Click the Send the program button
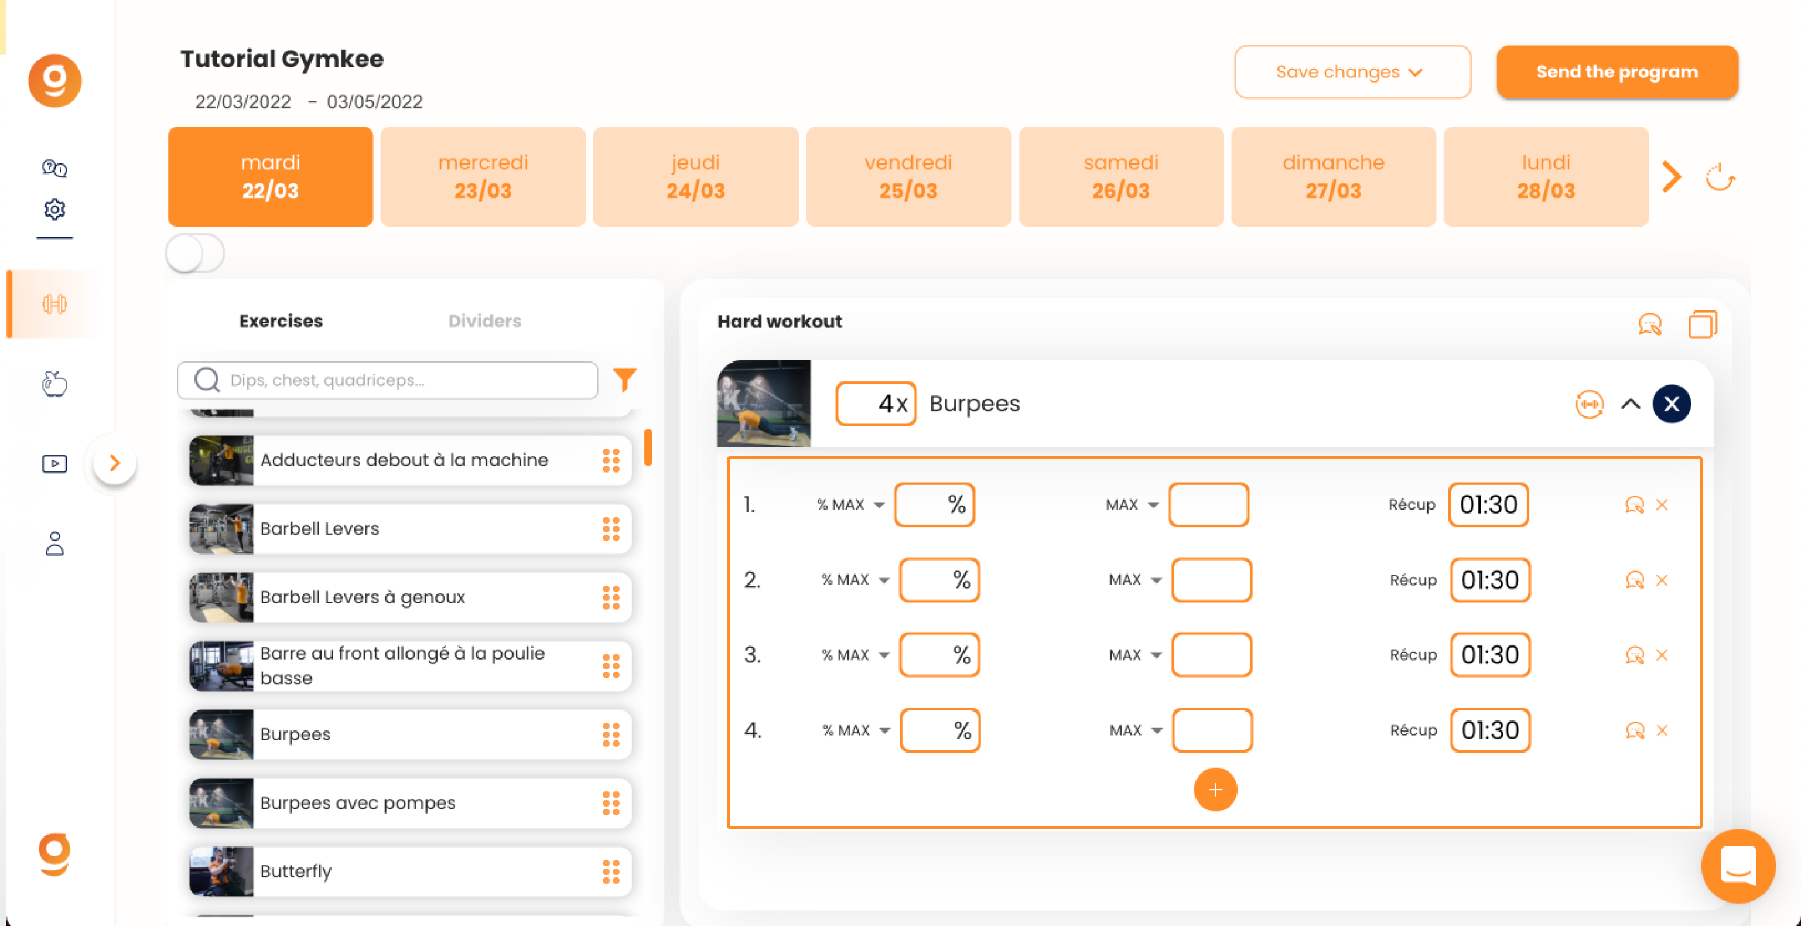click(1617, 72)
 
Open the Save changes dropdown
click(1352, 72)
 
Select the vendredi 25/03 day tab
click(908, 176)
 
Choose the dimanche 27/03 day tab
click(1333, 176)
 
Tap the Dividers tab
click(484, 321)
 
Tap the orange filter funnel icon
click(624, 379)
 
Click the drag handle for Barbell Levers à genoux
click(611, 597)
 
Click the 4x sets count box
click(876, 404)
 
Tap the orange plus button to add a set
click(1215, 790)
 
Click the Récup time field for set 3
click(1490, 655)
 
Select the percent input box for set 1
click(934, 504)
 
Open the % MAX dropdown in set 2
click(855, 580)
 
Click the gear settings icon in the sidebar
click(54, 209)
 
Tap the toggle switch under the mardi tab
click(195, 253)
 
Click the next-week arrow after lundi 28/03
click(1672, 177)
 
